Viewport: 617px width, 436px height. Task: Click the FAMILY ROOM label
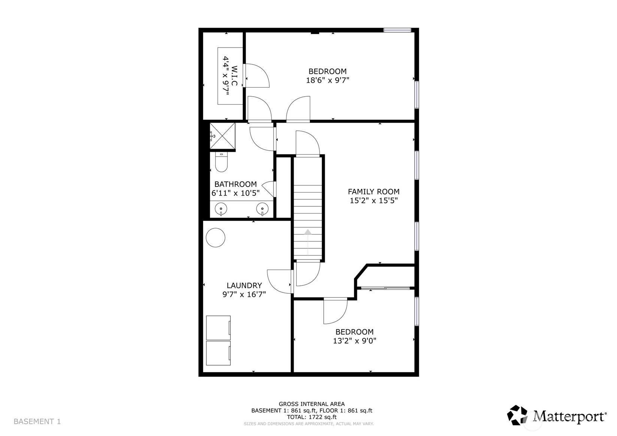click(x=373, y=191)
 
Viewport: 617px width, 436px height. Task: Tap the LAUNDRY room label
click(x=244, y=285)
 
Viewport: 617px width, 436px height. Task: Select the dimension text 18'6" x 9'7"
click(x=327, y=80)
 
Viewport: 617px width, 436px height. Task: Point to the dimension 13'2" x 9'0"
click(x=354, y=341)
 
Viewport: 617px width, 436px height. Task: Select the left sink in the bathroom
click(x=221, y=209)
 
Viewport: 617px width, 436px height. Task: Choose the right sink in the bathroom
click(x=262, y=209)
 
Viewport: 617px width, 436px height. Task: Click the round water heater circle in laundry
click(x=215, y=237)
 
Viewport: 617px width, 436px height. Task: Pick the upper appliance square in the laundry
click(x=218, y=327)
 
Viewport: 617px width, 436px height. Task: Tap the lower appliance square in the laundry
click(x=218, y=352)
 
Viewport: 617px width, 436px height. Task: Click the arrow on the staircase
click(x=308, y=233)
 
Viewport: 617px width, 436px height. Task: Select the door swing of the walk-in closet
click(x=258, y=76)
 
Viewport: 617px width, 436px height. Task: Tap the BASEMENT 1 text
click(x=37, y=421)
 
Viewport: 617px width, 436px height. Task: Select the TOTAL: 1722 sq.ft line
click(x=312, y=417)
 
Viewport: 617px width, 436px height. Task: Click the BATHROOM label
click(x=235, y=184)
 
